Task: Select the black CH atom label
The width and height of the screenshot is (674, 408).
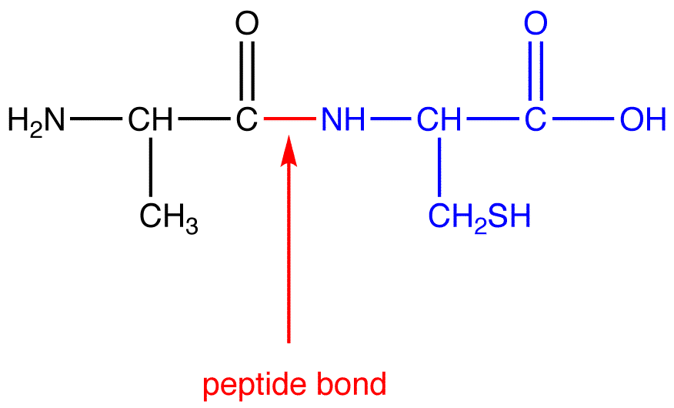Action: [151, 119]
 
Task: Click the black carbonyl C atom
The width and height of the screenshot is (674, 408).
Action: [246, 119]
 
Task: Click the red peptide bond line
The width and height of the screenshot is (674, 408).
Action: [289, 119]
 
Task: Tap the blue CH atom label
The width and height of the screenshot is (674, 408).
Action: [439, 119]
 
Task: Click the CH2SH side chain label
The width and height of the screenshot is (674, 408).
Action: [479, 218]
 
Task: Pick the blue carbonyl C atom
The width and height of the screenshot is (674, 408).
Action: [536, 119]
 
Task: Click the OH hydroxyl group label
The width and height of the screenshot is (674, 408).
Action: [641, 119]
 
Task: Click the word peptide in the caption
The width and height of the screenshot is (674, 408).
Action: [251, 384]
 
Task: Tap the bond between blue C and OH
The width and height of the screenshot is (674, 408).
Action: [582, 119]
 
